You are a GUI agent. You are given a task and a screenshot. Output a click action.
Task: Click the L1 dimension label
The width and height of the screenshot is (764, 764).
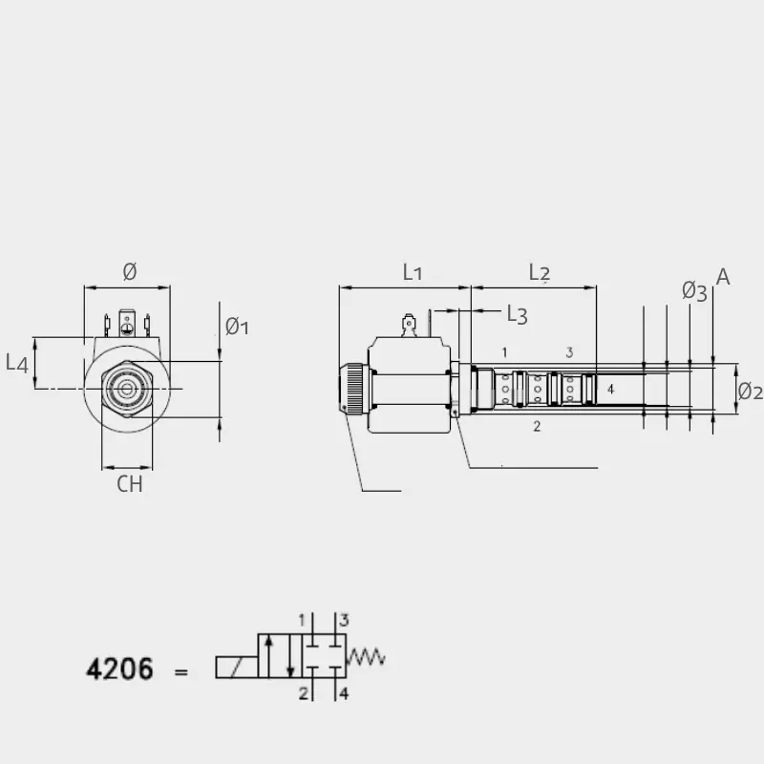point(413,272)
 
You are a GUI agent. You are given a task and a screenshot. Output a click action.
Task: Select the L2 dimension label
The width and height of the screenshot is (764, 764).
point(540,272)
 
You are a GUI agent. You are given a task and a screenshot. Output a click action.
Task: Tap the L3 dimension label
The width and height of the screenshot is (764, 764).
point(517,315)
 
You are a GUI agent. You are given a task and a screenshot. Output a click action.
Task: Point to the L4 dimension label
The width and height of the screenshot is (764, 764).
point(17,364)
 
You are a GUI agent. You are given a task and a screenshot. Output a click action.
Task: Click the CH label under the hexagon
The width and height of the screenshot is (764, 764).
point(130,484)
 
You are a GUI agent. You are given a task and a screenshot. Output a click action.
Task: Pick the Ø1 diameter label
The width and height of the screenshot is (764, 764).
point(237,326)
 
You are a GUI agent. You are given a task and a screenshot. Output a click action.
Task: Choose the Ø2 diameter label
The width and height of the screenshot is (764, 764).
point(750,392)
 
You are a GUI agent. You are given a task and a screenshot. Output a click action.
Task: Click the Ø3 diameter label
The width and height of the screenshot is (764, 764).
point(694,292)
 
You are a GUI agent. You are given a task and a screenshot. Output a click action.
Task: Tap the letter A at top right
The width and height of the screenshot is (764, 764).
point(723,277)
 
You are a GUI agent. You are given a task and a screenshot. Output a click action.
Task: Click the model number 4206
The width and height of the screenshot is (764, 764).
point(120,668)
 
